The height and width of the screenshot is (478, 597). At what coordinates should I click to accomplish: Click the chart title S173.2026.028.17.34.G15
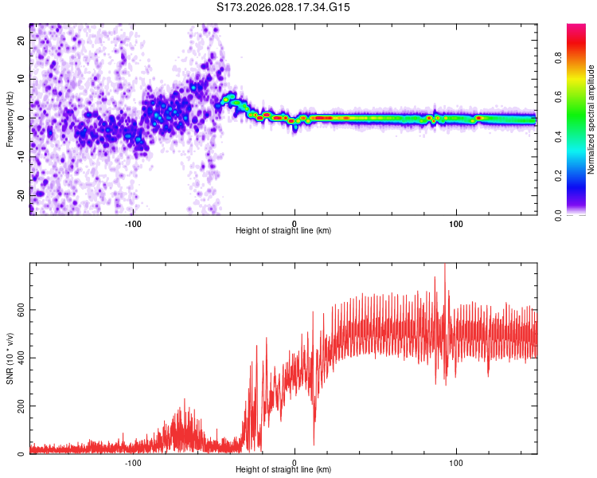click(283, 7)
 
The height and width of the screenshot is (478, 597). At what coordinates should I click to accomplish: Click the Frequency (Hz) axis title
click(10, 119)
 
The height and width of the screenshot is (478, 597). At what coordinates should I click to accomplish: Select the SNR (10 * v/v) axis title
click(10, 358)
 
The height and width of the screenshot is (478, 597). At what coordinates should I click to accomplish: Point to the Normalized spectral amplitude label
click(591, 119)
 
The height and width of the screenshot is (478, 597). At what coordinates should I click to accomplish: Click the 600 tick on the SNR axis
click(18, 309)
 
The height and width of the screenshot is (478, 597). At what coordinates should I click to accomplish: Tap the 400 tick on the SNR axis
click(18, 358)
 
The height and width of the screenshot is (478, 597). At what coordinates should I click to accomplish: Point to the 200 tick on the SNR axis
click(18, 406)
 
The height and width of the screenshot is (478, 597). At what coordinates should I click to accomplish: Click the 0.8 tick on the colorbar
click(559, 57)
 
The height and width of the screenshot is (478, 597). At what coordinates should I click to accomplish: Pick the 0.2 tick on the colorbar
click(559, 175)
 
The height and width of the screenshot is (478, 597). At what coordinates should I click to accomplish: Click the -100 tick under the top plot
click(133, 223)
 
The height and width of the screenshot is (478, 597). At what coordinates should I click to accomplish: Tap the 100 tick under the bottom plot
click(457, 463)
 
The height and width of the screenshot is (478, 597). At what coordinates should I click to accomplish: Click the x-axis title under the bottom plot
click(283, 471)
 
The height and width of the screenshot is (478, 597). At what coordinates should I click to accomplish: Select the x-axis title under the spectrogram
click(283, 231)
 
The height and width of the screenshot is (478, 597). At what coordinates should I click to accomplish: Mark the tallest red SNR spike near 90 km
click(444, 265)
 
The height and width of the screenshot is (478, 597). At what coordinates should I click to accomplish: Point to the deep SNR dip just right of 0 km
click(314, 443)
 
